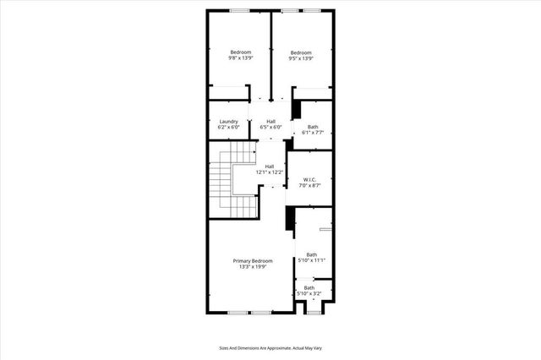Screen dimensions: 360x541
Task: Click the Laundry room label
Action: point(228,122)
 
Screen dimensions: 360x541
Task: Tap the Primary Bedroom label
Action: point(253,261)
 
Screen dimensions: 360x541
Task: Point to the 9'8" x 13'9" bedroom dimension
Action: point(240,58)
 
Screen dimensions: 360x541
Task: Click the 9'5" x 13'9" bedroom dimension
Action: point(302,58)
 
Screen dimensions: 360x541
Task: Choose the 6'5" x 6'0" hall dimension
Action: point(270,128)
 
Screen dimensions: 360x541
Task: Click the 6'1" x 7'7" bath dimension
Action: point(313,133)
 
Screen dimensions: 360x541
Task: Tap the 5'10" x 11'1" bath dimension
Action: point(312,261)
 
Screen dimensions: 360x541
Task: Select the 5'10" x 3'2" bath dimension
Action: point(309,294)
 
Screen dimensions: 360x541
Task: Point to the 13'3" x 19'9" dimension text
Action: point(253,267)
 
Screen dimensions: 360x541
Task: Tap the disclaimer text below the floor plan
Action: point(270,347)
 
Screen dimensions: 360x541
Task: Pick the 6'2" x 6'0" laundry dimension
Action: point(228,128)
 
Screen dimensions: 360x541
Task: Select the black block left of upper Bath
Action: point(297,110)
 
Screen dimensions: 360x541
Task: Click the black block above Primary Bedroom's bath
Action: point(290,218)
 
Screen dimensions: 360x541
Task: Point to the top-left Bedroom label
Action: point(240,52)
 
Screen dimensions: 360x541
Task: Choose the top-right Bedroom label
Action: point(302,52)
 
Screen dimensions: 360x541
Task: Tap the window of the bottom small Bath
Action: point(313,312)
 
